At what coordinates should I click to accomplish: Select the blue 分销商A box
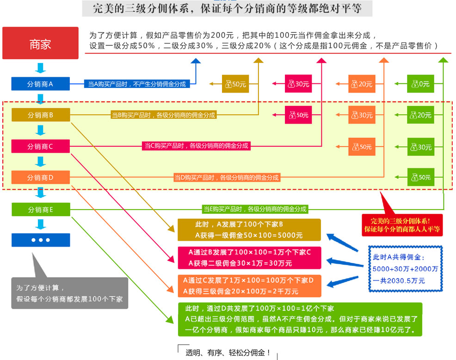click(41, 84)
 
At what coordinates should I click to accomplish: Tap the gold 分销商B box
click(41, 115)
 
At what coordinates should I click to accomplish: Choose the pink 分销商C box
click(41, 146)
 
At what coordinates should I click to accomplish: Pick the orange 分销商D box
click(41, 177)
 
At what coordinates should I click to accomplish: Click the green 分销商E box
click(41, 210)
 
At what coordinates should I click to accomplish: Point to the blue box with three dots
click(41, 240)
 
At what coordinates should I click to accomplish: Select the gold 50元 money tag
click(235, 84)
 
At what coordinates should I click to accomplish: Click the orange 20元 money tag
click(362, 84)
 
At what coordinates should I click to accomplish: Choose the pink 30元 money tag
click(298, 84)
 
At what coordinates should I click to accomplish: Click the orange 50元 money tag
click(362, 147)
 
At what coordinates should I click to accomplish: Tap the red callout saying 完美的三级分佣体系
click(401, 224)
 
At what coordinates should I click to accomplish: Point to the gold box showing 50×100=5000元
click(249, 230)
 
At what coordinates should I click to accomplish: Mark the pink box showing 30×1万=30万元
click(249, 258)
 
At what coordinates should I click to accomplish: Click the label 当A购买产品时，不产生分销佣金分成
click(136, 84)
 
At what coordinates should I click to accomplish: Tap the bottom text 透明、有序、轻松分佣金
click(228, 353)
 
